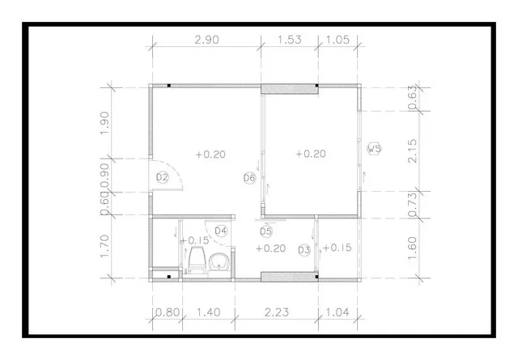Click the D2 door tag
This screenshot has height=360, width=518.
point(162,178)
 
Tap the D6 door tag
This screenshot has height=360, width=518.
point(250,178)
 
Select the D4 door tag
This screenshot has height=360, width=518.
point(221,231)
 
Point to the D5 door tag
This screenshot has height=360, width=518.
point(266,231)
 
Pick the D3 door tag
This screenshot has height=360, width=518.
point(304,250)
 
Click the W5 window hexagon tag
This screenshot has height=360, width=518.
point(374,149)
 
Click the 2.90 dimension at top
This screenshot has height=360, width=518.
point(207,40)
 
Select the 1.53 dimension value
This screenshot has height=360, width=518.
point(290,40)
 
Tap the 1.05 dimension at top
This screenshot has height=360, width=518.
point(338,40)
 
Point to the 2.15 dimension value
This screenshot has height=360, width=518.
point(413,150)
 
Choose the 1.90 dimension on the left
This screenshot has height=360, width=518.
point(104,123)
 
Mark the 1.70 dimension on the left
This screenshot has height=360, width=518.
point(104,247)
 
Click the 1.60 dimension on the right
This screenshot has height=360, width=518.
point(413,248)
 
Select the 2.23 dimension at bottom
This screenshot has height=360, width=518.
point(277,312)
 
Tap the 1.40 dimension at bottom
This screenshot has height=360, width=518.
point(209,312)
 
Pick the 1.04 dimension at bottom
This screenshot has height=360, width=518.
point(338,312)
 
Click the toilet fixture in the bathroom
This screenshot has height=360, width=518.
point(197,261)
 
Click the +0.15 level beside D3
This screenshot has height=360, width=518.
point(337,248)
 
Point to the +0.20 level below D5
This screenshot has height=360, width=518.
point(270,248)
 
